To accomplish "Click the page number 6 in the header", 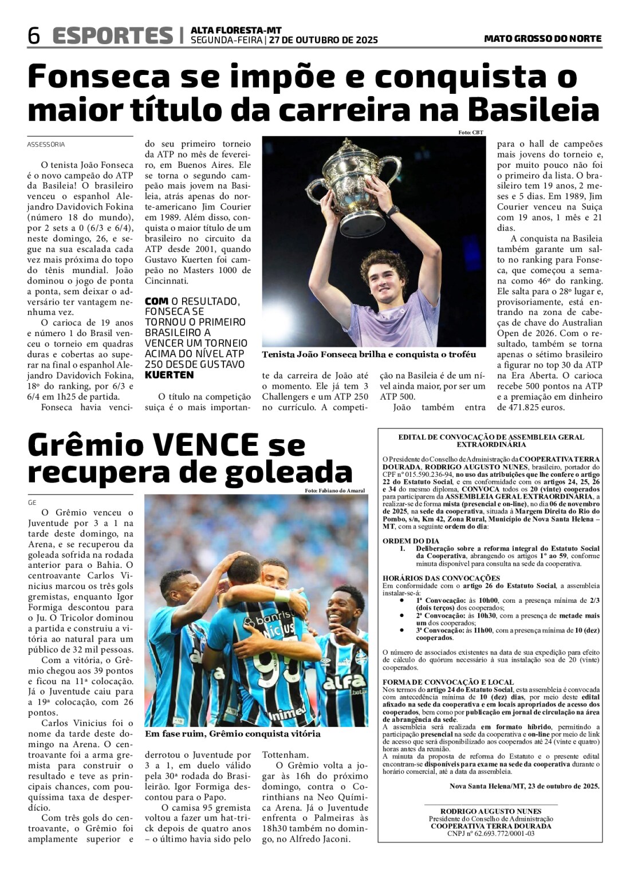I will [x=34, y=36].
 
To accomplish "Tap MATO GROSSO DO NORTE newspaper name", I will [x=542, y=38].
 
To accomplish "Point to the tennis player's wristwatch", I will [x=393, y=211].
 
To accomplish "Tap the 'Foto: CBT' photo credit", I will [x=470, y=133].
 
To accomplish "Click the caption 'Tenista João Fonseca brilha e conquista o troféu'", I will [x=369, y=354].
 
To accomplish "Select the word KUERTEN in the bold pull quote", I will [x=170, y=375].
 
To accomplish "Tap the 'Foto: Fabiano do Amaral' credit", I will [x=335, y=491].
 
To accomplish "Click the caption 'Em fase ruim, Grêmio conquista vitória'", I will [x=233, y=734].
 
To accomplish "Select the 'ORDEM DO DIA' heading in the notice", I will [x=411, y=540].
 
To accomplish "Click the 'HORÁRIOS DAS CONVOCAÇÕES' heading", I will [x=441, y=578].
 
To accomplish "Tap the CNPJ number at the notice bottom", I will [x=491, y=834].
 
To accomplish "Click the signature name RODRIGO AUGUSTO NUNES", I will [x=491, y=811].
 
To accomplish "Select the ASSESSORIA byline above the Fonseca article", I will [x=46, y=145].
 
